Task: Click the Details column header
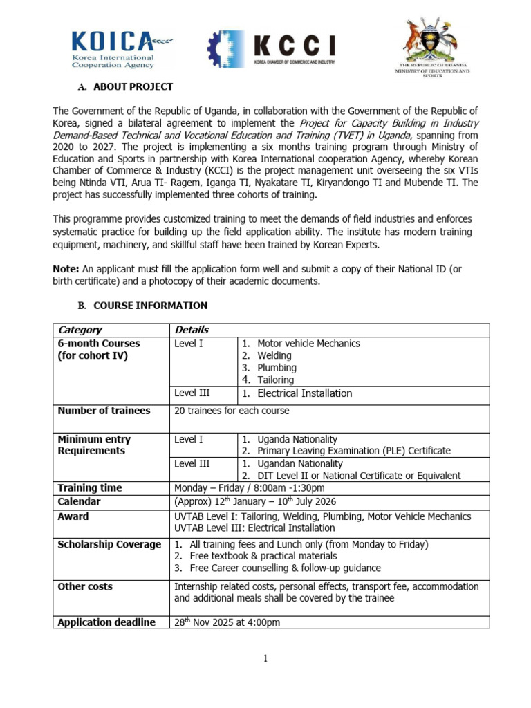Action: tap(192, 330)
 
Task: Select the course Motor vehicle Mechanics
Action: tap(308, 344)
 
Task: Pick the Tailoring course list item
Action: tap(275, 380)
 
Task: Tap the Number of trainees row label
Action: tap(104, 411)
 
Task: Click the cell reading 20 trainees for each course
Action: tap(232, 411)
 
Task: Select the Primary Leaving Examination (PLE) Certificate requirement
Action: tap(353, 451)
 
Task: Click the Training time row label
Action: tap(90, 488)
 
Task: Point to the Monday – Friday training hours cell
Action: tap(245, 488)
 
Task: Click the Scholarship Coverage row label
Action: tap(109, 545)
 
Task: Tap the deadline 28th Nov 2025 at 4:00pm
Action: tap(227, 622)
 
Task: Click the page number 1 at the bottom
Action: tap(265, 658)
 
